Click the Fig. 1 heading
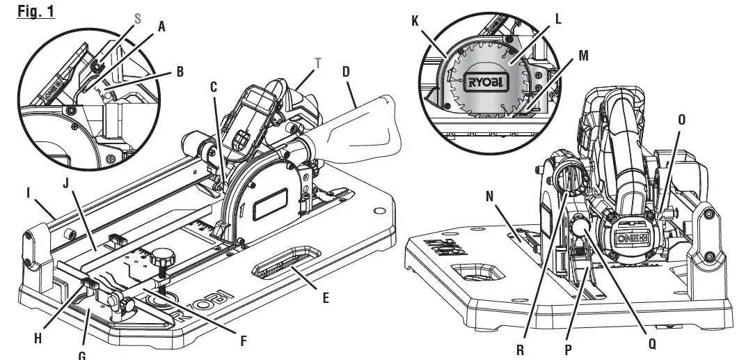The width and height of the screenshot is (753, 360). [x=35, y=12]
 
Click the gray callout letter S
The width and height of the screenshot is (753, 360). [x=137, y=19]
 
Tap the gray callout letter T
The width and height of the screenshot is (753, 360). [x=318, y=63]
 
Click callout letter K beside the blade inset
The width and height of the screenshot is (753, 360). [x=415, y=21]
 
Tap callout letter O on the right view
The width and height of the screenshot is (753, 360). [x=681, y=120]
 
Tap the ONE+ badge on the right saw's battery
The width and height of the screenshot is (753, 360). [x=632, y=237]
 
